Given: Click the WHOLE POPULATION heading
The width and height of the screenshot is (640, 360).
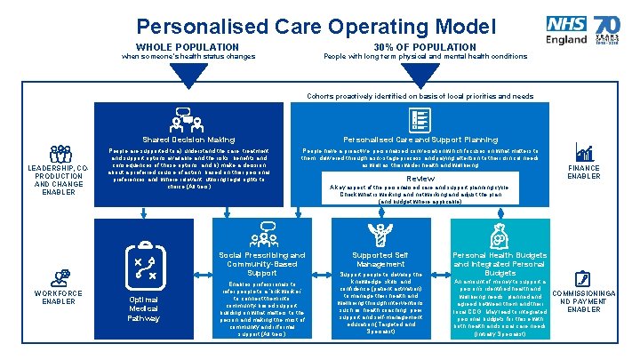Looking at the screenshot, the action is [x=188, y=47].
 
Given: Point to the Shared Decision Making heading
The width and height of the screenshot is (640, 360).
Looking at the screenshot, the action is [x=188, y=140].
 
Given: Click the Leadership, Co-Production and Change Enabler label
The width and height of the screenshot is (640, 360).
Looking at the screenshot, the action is [x=59, y=180].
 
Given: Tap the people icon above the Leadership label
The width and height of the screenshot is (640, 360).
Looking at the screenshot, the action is [x=60, y=154].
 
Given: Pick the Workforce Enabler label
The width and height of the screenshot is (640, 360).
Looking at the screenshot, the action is [x=59, y=297].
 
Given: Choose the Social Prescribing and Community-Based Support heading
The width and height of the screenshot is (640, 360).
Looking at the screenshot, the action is [x=262, y=263].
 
